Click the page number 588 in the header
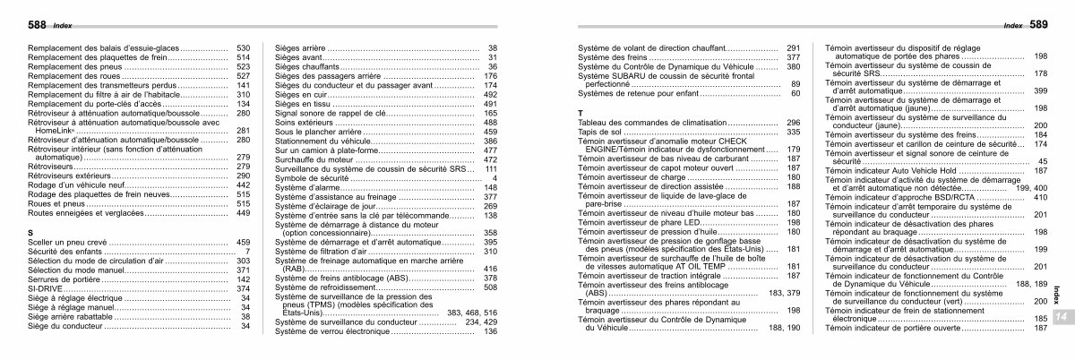38,25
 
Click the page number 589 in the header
1036,25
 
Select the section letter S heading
30,232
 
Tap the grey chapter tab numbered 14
1059,319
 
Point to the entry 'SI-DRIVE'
46,288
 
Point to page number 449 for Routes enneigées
242,213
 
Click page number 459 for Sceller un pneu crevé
242,242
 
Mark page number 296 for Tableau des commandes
792,121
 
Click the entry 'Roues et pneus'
56,203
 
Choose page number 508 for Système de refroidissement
489,287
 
